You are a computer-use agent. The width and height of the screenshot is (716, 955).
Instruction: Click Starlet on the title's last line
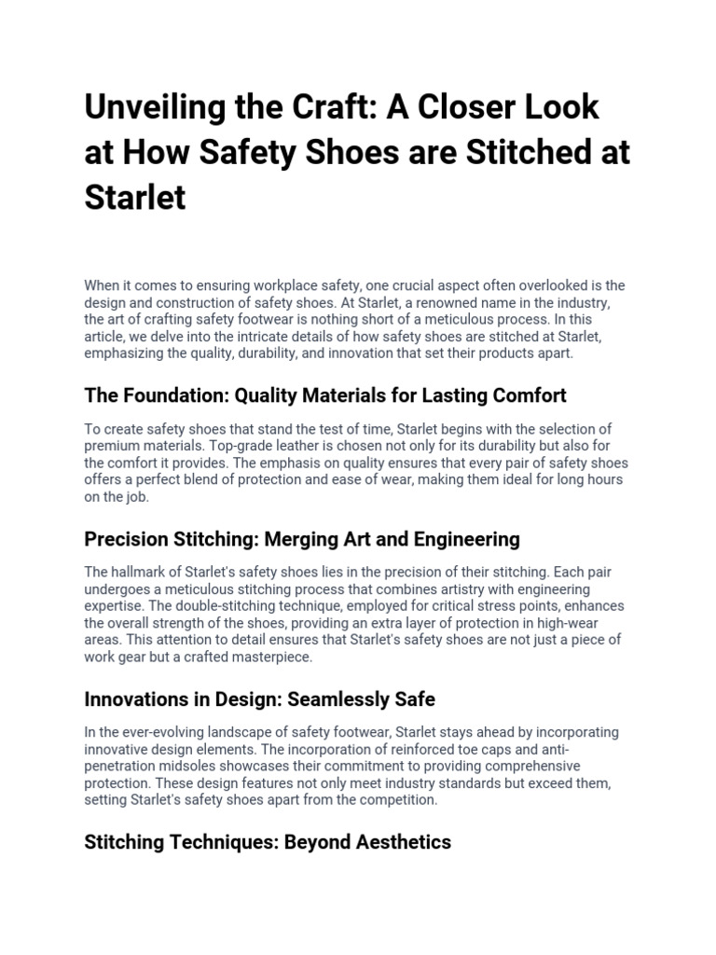point(135,198)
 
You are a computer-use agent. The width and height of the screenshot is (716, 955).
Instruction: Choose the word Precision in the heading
point(127,539)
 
